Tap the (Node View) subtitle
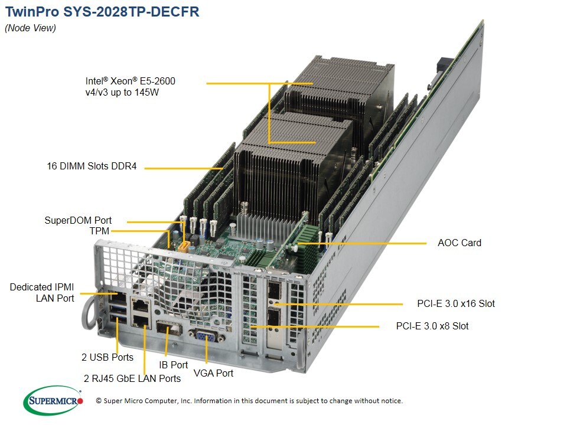tap(30, 28)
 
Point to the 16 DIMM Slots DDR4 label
tap(92, 166)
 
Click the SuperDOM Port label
tap(78, 221)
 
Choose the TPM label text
tap(99, 231)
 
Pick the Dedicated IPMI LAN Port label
tap(42, 293)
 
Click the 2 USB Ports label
tap(107, 357)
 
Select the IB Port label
tap(174, 365)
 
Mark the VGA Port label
tap(213, 373)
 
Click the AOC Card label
tap(459, 243)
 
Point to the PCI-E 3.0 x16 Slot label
tap(456, 304)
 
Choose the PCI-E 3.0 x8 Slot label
tap(432, 326)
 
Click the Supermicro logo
tap(53, 401)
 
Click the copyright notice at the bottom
tap(249, 401)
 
